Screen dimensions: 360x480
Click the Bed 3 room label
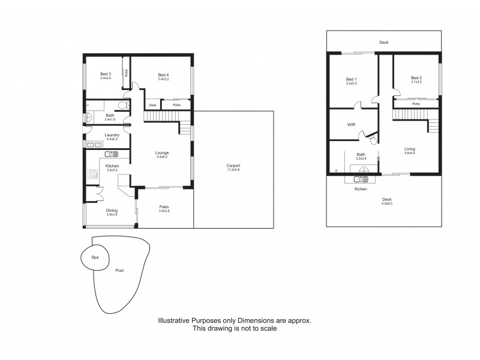coord(104,74)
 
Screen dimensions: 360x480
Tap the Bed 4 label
coord(163,74)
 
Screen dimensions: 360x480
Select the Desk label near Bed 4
coord(152,105)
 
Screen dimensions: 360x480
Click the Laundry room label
coord(112,135)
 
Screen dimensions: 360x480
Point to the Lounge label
coord(162,152)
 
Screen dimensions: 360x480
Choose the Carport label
coord(233,166)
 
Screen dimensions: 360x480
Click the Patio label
coord(164,206)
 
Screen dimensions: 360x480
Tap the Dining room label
coord(112,210)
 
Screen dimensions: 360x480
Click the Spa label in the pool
coord(95,257)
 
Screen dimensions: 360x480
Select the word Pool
coord(120,271)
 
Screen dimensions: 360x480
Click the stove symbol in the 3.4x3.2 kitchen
coord(94,175)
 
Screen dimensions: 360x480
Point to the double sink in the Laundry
coord(94,145)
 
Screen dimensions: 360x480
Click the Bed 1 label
coord(351,79)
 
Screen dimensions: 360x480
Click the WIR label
coord(352,125)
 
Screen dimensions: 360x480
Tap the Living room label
coord(409,149)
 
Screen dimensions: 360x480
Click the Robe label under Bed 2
coord(416,104)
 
